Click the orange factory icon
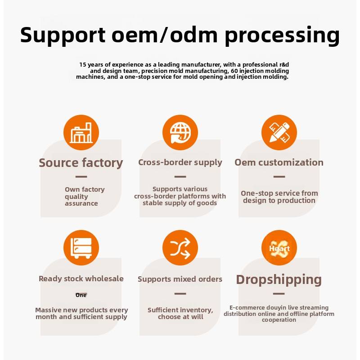coord(81,133)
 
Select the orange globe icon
coord(180,133)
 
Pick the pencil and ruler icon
coord(279,133)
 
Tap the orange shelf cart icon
coord(81,248)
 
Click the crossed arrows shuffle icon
coord(180,248)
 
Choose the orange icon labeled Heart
coord(279,248)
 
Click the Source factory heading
coord(81,163)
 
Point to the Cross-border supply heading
coord(180,162)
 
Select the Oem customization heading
coord(279,162)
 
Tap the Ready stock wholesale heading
coord(81,279)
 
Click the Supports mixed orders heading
coord(180,279)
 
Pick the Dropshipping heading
coord(279,280)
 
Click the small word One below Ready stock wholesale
coord(81,295)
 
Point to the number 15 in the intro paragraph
coord(83,65)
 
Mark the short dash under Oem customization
coord(279,177)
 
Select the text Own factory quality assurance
coord(84,197)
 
